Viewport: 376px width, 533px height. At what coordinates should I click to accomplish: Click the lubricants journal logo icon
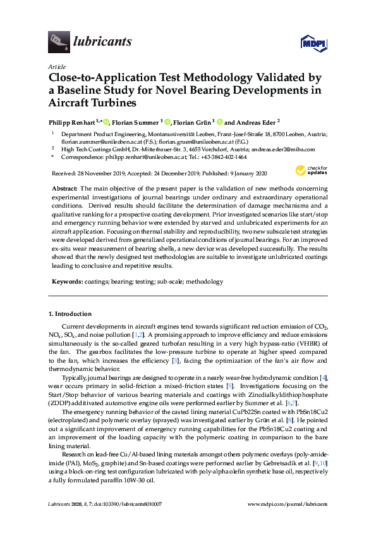[58, 42]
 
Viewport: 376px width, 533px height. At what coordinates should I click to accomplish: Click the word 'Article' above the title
[56, 66]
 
